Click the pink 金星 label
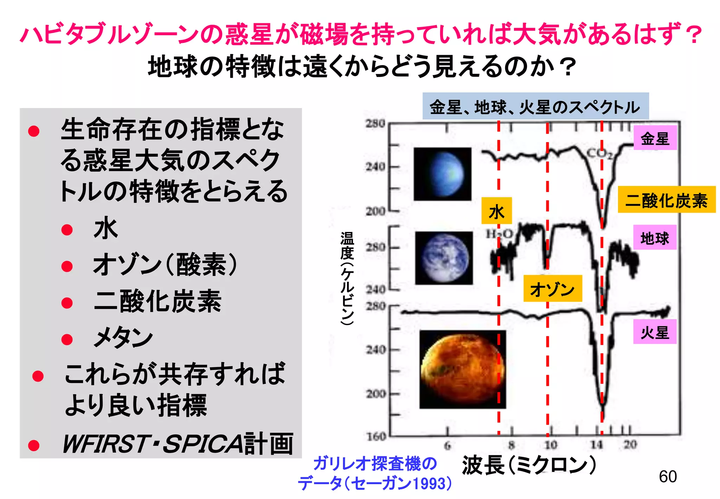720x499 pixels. tap(655, 138)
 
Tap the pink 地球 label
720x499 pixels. tap(655, 238)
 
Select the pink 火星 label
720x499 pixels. tap(655, 332)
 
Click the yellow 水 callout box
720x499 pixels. tap(496, 211)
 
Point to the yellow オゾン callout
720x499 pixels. tap(552, 289)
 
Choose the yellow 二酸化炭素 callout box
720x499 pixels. tap(666, 200)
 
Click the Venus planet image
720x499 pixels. tap(442, 174)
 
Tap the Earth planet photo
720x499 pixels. tap(444, 258)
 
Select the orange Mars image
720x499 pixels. tap(463, 369)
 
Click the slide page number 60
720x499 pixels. tap(668, 477)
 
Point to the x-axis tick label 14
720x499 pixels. tap(597, 445)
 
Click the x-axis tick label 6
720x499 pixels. tap(447, 446)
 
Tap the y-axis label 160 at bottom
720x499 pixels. tap(376, 437)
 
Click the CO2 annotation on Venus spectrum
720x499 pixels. tap(600, 153)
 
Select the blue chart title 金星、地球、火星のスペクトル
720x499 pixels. tap(535, 107)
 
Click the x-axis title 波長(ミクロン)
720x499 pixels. tap(529, 465)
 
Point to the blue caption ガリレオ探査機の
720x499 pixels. tap(375, 463)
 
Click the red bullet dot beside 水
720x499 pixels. tap(67, 230)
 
